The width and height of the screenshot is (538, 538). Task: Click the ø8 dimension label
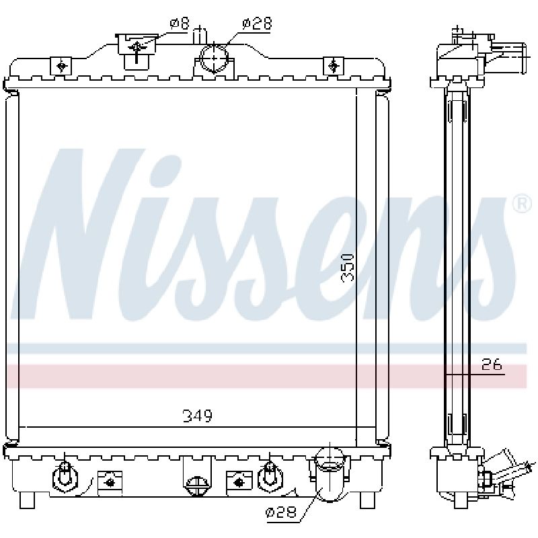point(179,24)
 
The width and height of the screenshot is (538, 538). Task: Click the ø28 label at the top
point(257,24)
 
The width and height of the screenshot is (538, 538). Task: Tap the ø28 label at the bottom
point(280,512)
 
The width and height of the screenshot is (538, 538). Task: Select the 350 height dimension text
point(348,268)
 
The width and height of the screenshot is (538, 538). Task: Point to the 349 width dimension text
point(197,416)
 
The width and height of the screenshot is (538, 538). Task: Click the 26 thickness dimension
point(492,364)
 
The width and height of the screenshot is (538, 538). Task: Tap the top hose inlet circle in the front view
point(214,59)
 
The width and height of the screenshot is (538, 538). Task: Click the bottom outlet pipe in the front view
point(330,475)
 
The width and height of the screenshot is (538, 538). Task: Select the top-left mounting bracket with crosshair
point(61,66)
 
